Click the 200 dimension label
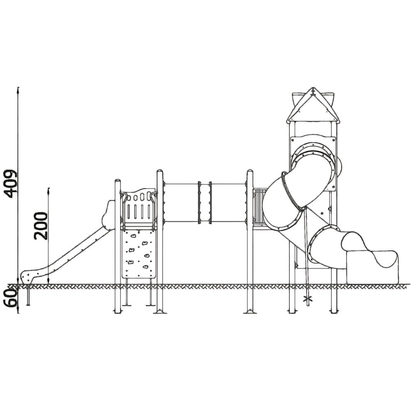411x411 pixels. coord(41,226)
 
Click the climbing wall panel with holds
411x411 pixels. coord(139,254)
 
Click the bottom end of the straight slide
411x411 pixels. coord(27,277)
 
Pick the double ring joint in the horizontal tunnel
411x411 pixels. coord(204,203)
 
